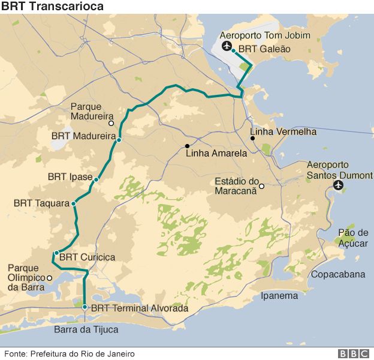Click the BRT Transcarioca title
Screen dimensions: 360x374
coord(52,7)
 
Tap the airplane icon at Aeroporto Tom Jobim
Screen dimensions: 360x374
coord(227,47)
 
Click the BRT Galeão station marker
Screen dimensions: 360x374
coord(233,51)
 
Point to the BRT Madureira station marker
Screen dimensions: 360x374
coord(119,140)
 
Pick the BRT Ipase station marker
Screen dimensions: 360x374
coord(96,179)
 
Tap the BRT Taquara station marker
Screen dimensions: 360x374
coord(74,203)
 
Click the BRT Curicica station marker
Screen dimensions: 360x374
coord(56,253)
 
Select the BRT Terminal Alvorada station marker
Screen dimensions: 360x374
coord(85,307)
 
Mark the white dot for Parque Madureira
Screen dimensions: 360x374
coord(111,122)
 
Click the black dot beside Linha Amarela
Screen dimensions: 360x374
coord(187,146)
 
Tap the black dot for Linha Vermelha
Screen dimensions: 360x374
coord(253,139)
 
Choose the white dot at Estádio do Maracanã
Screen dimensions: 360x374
coord(261,185)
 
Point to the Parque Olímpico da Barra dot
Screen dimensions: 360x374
coord(49,278)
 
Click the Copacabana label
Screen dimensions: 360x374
coord(337,274)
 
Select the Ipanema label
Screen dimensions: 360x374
coord(279,295)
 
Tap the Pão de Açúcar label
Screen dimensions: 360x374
coord(353,238)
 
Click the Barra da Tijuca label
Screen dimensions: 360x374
coord(86,329)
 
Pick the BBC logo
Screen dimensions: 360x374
coord(352,353)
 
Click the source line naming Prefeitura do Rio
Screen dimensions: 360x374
coord(70,353)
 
